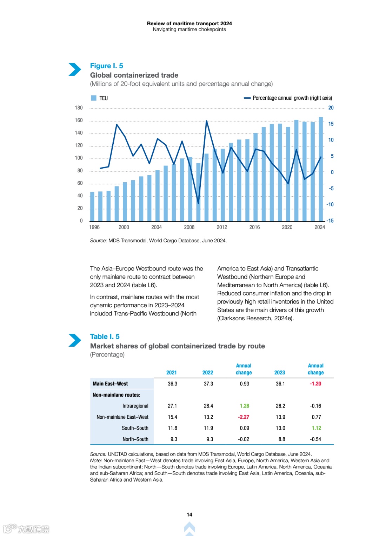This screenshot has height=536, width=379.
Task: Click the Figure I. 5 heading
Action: pyautogui.click(x=106, y=66)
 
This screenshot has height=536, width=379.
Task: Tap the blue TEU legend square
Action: pyautogui.click(x=94, y=98)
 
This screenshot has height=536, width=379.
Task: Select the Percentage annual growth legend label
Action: pyautogui.click(x=292, y=98)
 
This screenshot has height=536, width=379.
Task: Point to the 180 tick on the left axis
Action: pyautogui.click(x=79, y=108)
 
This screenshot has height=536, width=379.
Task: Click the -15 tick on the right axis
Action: pyautogui.click(x=330, y=221)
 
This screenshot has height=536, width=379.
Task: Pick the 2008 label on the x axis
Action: pyautogui.click(x=189, y=227)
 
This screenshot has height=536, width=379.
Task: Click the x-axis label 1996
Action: pyautogui.click(x=94, y=227)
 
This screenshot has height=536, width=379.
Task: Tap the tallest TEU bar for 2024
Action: pyautogui.click(x=321, y=169)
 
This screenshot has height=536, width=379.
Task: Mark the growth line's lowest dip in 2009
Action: pyautogui.click(x=198, y=203)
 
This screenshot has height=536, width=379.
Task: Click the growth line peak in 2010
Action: pyautogui.click(x=206, y=121)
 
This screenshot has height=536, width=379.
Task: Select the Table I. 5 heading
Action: pyautogui.click(x=105, y=336)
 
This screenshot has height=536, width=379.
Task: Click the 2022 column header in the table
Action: pyautogui.click(x=208, y=372)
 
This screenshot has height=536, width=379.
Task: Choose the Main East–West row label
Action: pyautogui.click(x=110, y=384)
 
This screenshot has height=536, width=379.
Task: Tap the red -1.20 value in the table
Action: pyautogui.click(x=315, y=384)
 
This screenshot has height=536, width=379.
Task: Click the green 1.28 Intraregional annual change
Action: pyautogui.click(x=244, y=406)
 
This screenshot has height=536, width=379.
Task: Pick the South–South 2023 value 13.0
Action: pyautogui.click(x=280, y=428)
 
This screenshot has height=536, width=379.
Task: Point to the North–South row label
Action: pyautogui.click(x=135, y=439)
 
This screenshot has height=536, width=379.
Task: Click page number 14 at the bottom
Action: pyautogui.click(x=189, y=515)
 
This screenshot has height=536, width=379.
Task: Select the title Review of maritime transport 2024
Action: pyautogui.click(x=189, y=24)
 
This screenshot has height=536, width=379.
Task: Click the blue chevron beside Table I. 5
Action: pyautogui.click(x=74, y=340)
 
